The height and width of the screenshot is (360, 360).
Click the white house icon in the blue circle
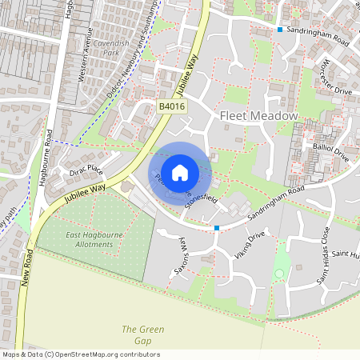180,172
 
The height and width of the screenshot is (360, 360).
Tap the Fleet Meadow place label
258,117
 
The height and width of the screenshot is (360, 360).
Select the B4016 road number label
171,106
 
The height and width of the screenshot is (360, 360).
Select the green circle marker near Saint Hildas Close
278,274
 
